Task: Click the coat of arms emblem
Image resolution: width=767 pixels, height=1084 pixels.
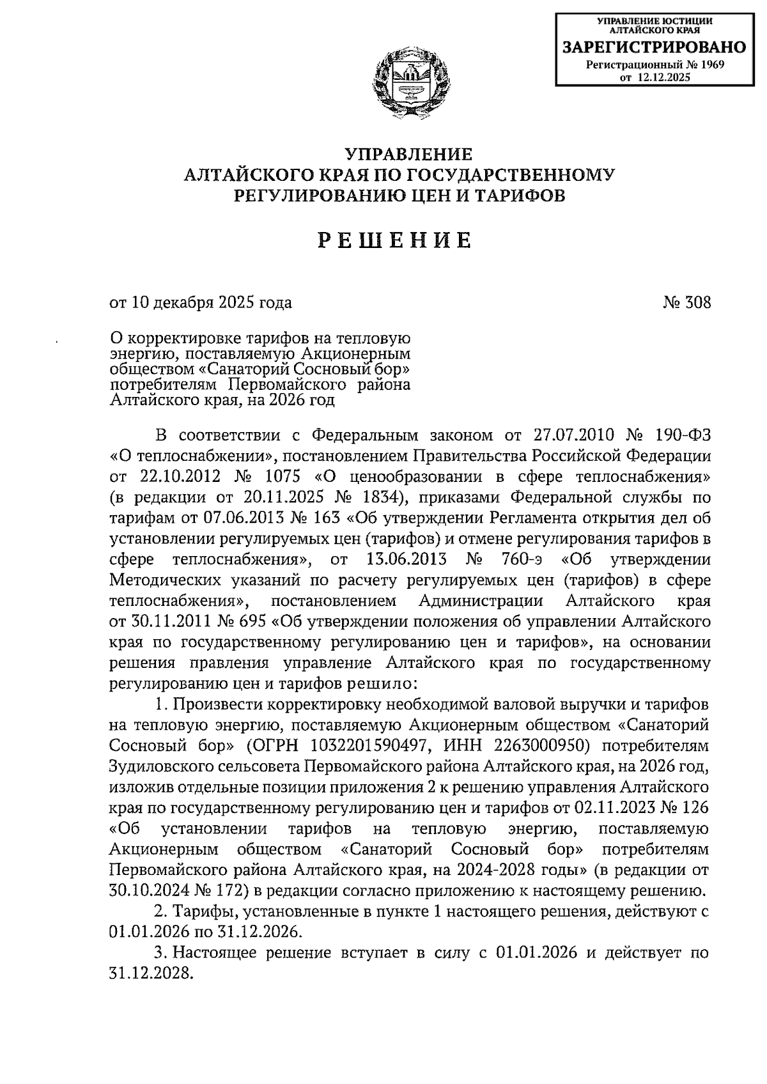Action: (409, 84)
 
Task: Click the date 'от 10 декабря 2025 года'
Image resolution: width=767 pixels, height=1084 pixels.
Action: (201, 302)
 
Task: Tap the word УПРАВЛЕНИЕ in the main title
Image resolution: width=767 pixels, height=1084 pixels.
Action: (408, 155)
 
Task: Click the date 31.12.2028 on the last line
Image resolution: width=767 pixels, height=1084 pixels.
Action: (151, 973)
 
